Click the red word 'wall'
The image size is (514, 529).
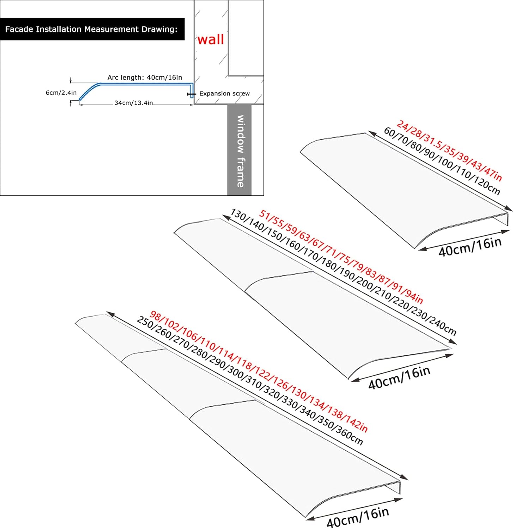(211, 39)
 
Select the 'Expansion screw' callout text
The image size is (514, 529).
(224, 93)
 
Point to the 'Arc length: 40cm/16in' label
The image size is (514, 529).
(145, 77)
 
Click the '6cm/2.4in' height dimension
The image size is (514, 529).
(61, 93)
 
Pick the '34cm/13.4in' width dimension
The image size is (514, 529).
(133, 103)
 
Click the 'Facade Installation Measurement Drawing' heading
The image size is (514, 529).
(91, 29)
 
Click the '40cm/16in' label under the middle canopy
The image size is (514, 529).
(399, 378)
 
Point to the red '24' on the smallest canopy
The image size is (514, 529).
(402, 125)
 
